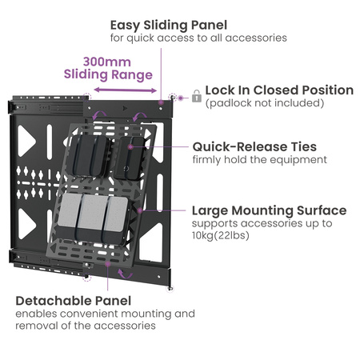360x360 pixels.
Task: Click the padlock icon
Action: pyautogui.click(x=195, y=96)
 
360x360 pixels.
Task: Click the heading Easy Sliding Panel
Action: pyautogui.click(x=168, y=25)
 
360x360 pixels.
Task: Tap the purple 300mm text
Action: pyautogui.click(x=106, y=61)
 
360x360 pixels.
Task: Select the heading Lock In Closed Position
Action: pyautogui.click(x=279, y=90)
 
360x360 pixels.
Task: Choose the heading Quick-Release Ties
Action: pyautogui.click(x=254, y=146)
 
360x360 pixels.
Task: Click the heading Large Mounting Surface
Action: pyautogui.click(x=269, y=210)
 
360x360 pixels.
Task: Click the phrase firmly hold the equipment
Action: pyautogui.click(x=259, y=160)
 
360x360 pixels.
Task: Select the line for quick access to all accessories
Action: pyautogui.click(x=198, y=38)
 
